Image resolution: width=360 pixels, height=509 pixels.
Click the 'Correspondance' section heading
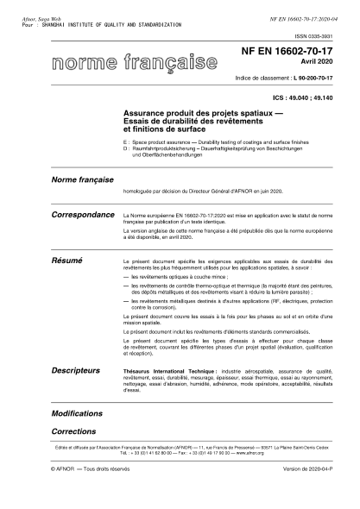click(x=84, y=214)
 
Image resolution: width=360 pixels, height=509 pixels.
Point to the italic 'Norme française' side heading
click(x=84, y=181)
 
